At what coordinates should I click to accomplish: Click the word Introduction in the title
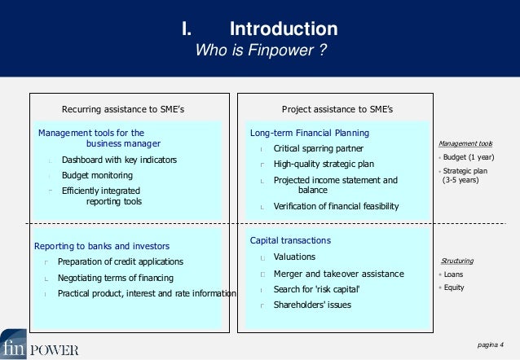[284, 29]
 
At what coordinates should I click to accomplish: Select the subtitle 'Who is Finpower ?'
[261, 51]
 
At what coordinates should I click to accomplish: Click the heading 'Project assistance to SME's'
[337, 109]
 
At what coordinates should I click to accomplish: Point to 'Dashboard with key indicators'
[119, 160]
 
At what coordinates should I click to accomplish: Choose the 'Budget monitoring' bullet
[97, 175]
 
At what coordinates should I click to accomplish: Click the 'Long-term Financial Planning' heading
[309, 133]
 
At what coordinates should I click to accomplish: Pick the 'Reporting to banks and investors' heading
[101, 246]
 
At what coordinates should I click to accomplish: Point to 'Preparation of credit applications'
[120, 261]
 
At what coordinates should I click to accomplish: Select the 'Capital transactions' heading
[290, 241]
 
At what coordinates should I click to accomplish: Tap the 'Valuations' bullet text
[294, 257]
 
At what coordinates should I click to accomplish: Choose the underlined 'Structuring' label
[456, 261]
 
